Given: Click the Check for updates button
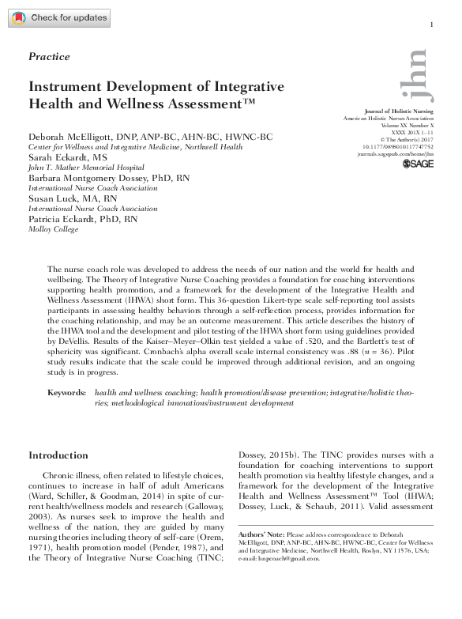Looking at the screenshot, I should [60, 17].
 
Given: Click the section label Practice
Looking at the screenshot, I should [49, 57].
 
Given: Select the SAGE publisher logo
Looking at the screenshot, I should [419, 164].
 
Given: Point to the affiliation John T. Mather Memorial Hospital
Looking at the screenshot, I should [86, 168].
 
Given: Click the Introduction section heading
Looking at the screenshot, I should [58, 455].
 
